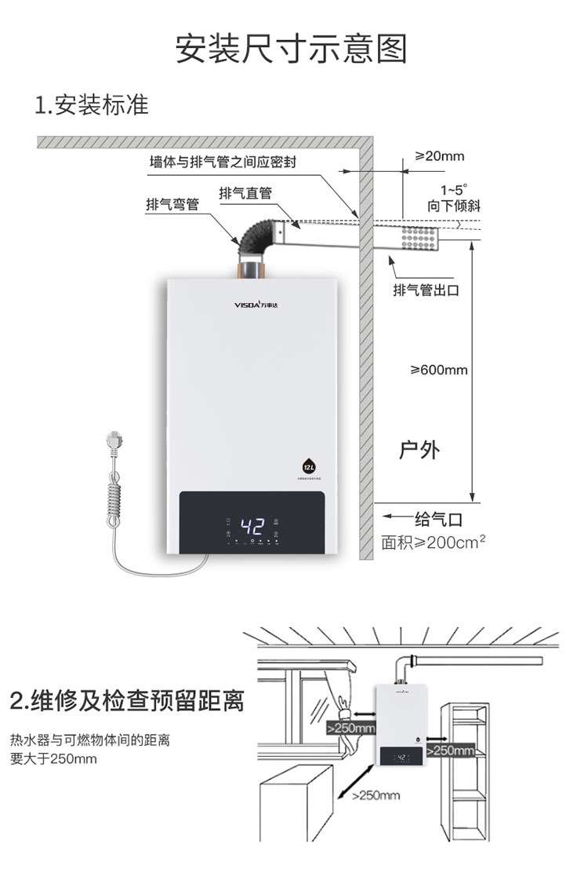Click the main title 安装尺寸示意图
[x=292, y=49]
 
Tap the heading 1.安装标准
[x=92, y=104]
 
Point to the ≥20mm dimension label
[x=439, y=156]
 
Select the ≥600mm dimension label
[x=439, y=370]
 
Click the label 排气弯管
[x=172, y=204]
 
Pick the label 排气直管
[x=245, y=193]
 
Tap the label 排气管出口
[x=426, y=290]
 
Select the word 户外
[x=419, y=450]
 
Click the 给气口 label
[x=438, y=519]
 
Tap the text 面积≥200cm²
[x=433, y=542]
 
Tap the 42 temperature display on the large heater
[x=252, y=524]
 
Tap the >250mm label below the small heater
[x=376, y=795]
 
